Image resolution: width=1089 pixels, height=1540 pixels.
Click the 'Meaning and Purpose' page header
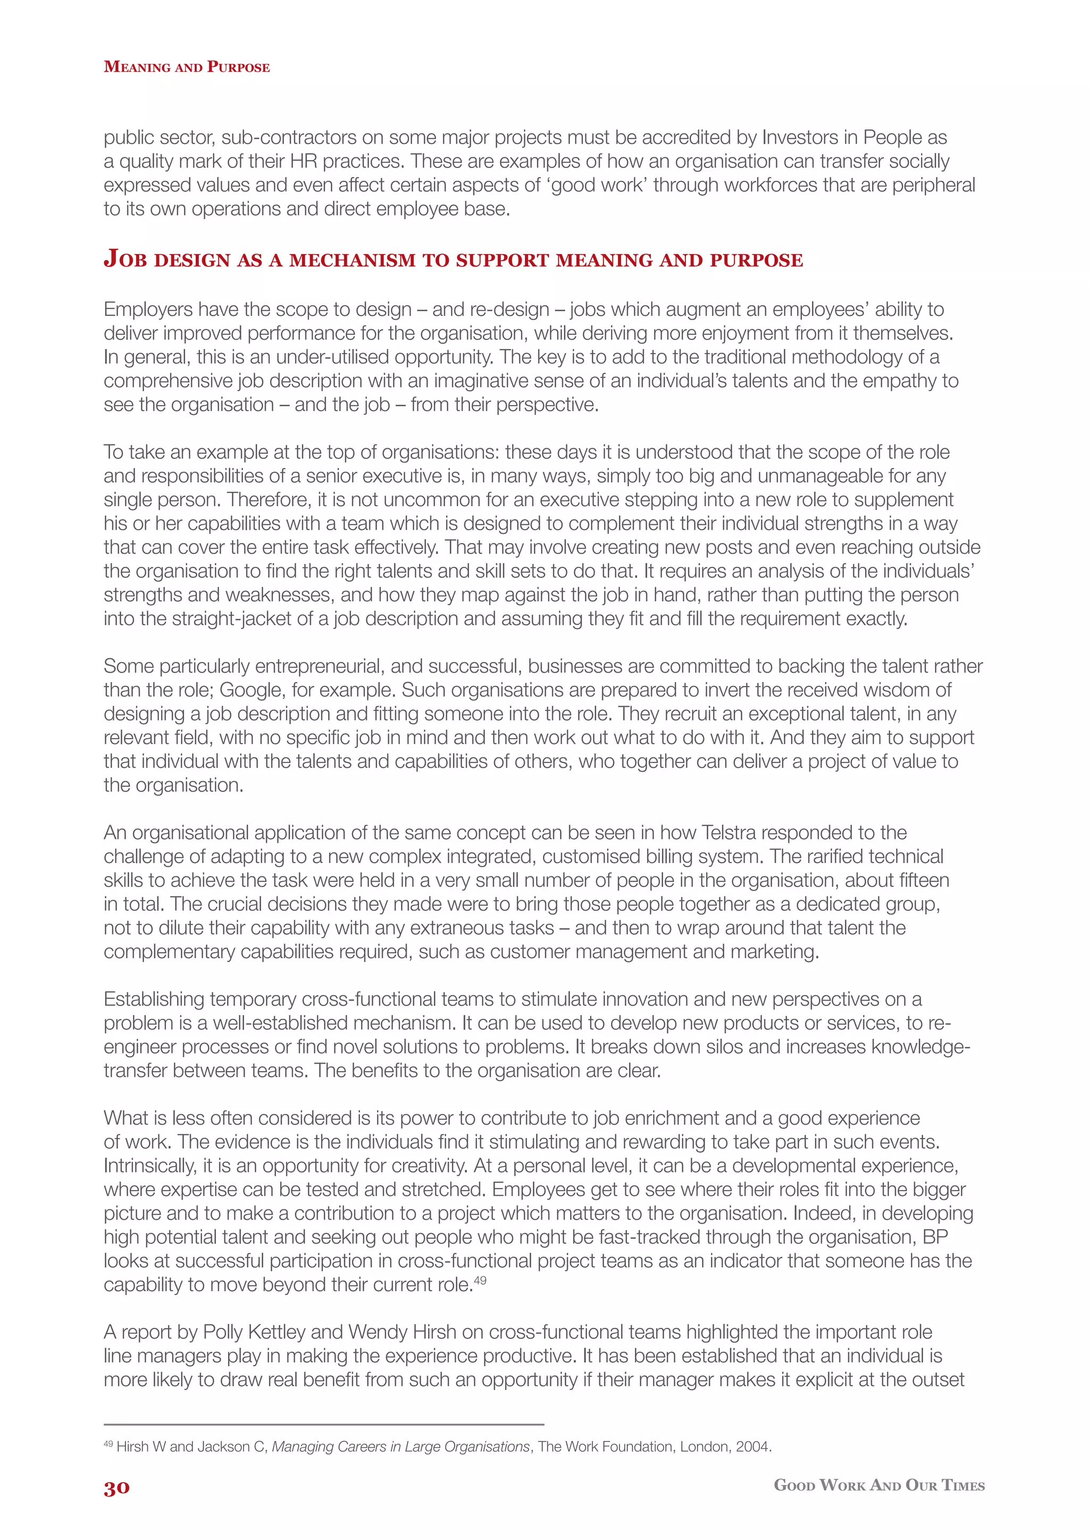point(187,67)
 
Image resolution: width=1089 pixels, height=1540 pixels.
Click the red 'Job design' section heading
point(453,260)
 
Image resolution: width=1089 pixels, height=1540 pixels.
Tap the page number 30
point(116,1488)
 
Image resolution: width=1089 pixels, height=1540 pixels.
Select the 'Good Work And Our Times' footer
point(878,1485)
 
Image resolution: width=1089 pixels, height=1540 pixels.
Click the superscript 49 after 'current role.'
point(480,1280)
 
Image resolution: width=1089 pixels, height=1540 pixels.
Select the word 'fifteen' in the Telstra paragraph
point(924,880)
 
